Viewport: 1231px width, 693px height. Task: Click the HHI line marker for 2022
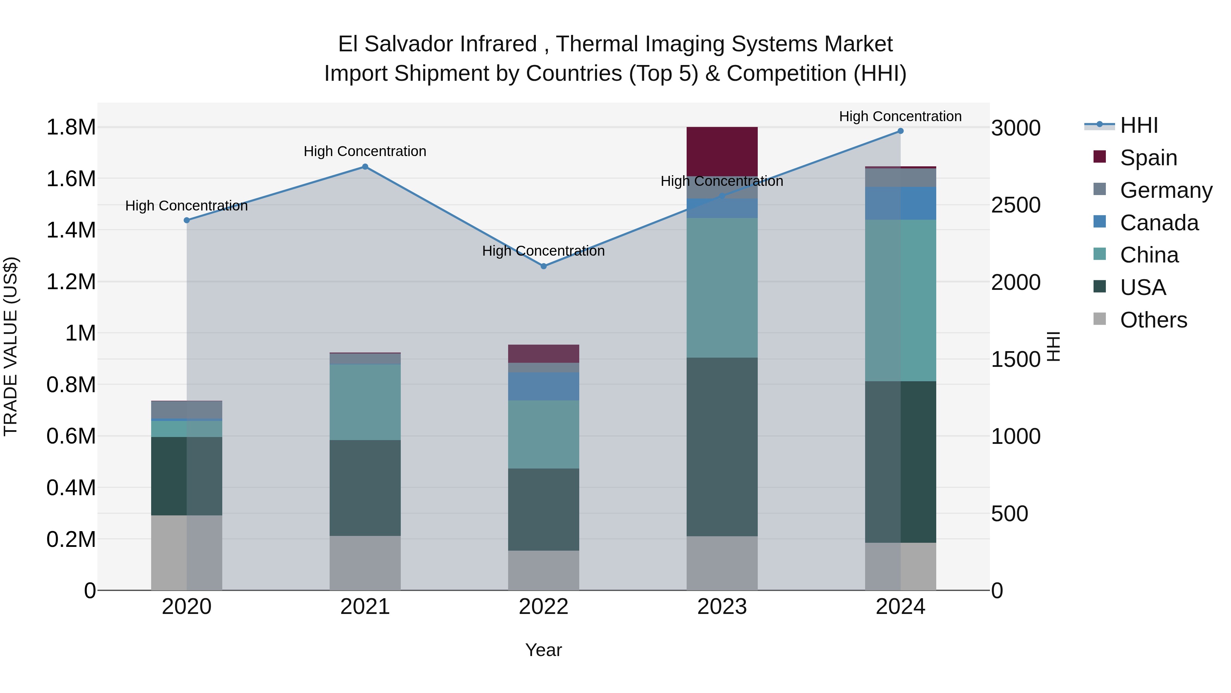click(x=543, y=266)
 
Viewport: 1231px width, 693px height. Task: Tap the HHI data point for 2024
click(x=900, y=131)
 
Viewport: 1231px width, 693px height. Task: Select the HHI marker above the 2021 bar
click(x=365, y=166)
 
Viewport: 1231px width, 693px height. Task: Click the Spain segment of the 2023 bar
click(x=722, y=151)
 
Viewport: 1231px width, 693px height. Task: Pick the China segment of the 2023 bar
click(x=722, y=287)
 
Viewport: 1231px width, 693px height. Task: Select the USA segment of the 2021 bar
click(x=365, y=487)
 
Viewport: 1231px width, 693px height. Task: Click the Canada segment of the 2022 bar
click(x=543, y=386)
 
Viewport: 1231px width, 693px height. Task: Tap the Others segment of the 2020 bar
click(x=186, y=552)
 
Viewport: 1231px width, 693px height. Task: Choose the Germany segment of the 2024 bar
click(x=900, y=177)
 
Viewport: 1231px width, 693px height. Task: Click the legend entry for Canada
click(x=1159, y=223)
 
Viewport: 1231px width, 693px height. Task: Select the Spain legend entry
click(x=1148, y=158)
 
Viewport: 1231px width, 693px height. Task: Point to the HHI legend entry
click(x=1138, y=125)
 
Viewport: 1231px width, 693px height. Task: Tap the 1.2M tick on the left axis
click(x=71, y=282)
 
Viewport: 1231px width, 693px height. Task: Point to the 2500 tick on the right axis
click(x=1016, y=205)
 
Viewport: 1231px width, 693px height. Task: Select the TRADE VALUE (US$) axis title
click(x=11, y=346)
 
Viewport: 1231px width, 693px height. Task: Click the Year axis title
click(x=543, y=650)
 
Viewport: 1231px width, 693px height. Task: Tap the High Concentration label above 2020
click(x=186, y=206)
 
